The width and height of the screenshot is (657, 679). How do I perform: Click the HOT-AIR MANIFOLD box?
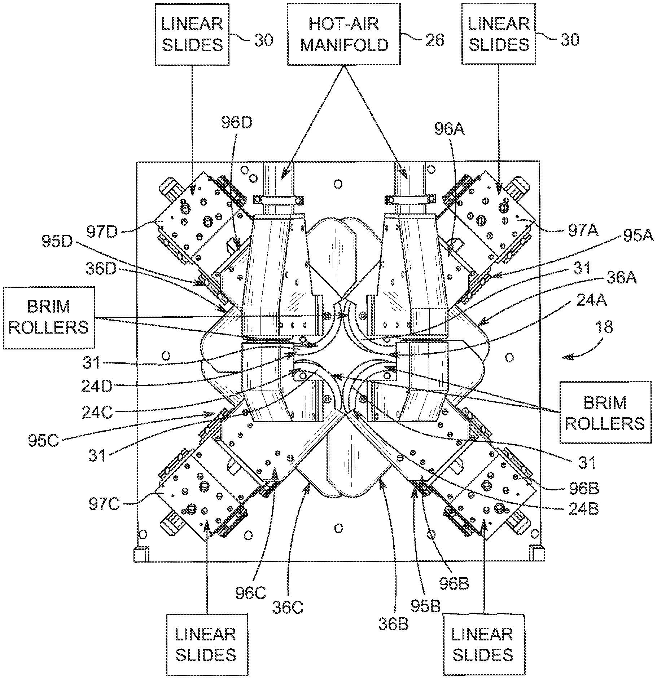coord(344,35)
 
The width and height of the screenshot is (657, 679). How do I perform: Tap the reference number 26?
coord(434,40)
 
